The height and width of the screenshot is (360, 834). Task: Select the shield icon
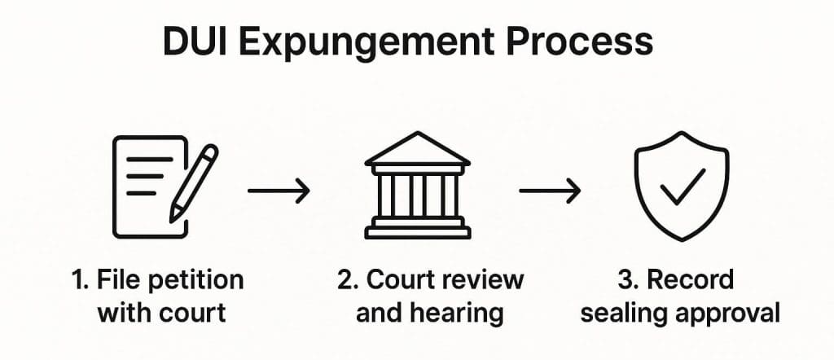[681, 187]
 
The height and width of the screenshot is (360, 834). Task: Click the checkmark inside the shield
[683, 189]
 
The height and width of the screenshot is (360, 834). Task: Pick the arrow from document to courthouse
[279, 191]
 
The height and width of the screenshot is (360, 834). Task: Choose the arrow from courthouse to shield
[550, 191]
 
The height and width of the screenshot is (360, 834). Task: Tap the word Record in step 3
[691, 280]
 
